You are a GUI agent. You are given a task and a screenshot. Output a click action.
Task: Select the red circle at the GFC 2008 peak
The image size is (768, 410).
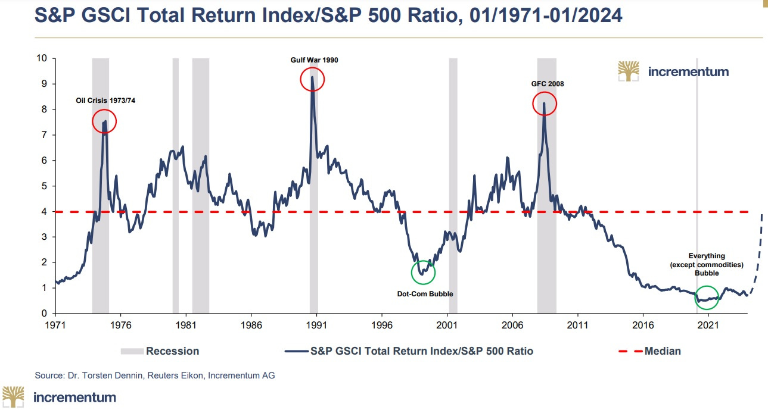point(544,104)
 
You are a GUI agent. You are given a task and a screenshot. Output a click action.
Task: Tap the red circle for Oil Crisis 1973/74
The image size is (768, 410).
point(104,121)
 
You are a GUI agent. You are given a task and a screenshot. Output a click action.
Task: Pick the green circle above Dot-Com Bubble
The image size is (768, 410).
point(423,273)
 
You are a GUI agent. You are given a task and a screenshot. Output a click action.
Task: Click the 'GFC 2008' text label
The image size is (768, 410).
point(547,84)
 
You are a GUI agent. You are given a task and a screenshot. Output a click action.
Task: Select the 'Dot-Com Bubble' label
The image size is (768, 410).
point(421,294)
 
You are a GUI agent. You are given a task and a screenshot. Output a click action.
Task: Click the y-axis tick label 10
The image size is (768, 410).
point(41,58)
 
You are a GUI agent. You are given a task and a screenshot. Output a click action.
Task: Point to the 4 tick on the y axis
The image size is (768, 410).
point(43,211)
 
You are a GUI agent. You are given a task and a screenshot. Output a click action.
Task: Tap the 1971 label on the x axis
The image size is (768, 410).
point(55,326)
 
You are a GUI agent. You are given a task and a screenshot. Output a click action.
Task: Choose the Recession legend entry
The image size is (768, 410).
point(160,351)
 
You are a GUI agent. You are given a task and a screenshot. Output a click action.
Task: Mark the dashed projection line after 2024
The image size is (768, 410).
point(758,262)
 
